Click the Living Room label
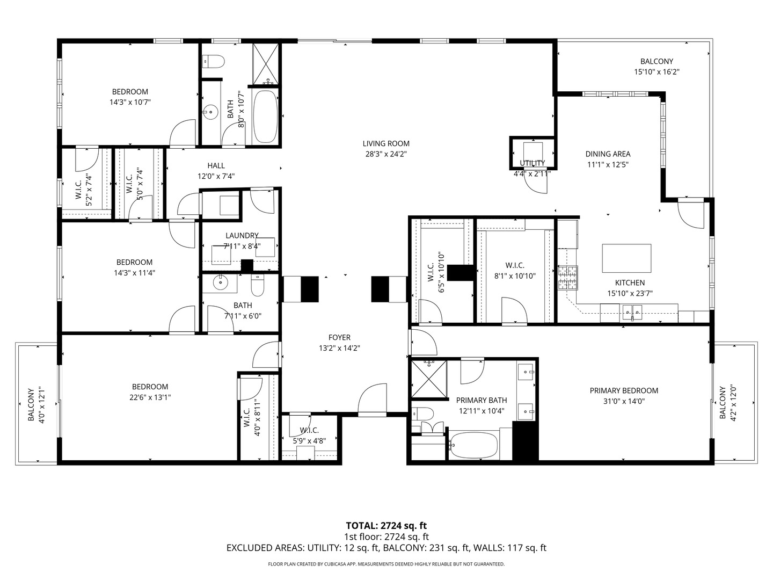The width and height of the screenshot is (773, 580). (x=386, y=144)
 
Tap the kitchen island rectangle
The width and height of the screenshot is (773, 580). (x=626, y=258)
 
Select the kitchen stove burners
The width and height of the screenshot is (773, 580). (x=568, y=278)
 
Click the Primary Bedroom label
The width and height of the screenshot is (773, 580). (x=624, y=390)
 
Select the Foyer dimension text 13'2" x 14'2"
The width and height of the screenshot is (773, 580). (x=339, y=349)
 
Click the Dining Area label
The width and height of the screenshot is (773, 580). (x=608, y=154)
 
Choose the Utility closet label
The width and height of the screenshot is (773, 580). (x=532, y=163)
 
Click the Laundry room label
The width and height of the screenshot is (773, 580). (x=242, y=235)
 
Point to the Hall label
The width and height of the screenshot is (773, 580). (x=216, y=165)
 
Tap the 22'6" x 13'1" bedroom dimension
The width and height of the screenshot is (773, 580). (x=150, y=397)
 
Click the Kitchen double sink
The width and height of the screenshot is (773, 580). (x=632, y=312)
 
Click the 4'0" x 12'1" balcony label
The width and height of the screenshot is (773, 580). (x=37, y=404)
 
